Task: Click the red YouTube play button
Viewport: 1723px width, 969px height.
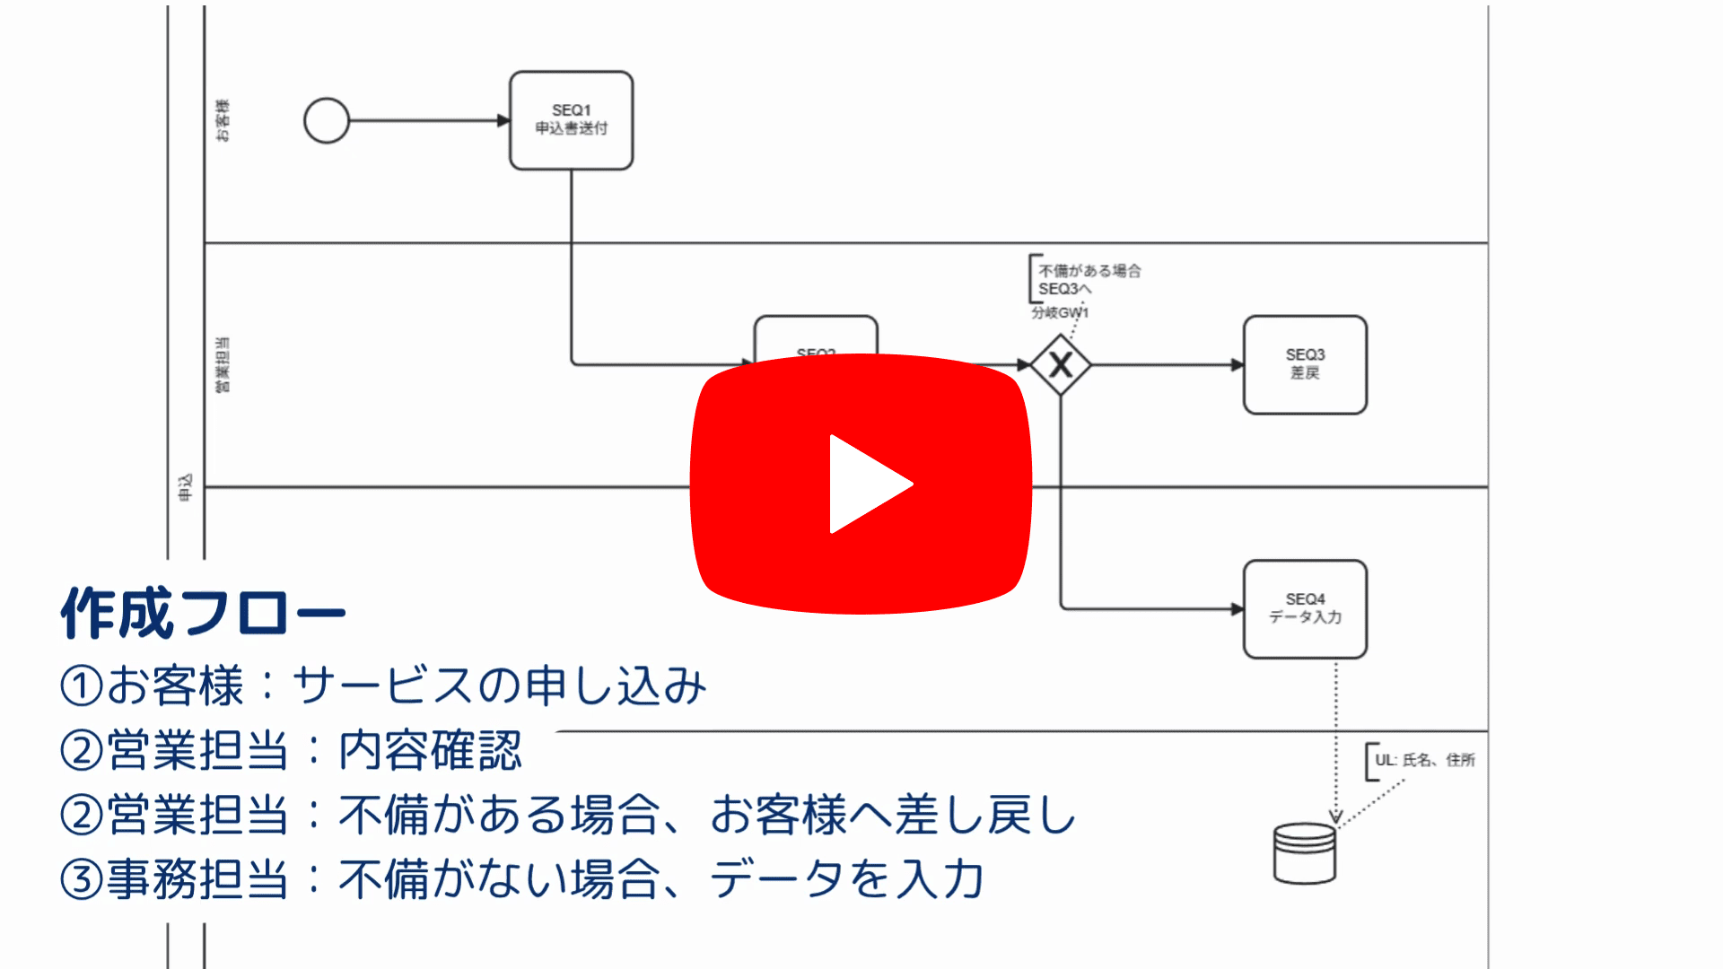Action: coord(861,484)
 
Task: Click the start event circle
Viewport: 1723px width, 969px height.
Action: coord(327,121)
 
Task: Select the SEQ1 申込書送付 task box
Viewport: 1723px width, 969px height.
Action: coord(571,120)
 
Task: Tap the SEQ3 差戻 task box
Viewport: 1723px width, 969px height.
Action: coord(1305,364)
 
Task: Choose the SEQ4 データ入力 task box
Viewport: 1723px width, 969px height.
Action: coord(1305,609)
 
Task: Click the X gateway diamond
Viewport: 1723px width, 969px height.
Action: coord(1061,365)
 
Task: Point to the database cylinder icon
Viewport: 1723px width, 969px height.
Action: coord(1305,853)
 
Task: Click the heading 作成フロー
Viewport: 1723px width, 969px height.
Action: coord(203,614)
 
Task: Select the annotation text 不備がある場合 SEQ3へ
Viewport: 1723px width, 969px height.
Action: coord(1088,279)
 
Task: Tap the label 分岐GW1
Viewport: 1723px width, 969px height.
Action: coord(1060,313)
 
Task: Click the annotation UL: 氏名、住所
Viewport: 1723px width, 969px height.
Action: coord(1424,760)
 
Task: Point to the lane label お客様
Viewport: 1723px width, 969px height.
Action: coord(222,120)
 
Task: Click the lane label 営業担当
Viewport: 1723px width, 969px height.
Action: coord(222,365)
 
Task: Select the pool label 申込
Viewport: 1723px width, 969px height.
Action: coord(185,487)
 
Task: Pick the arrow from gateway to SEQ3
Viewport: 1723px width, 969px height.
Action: coord(1167,365)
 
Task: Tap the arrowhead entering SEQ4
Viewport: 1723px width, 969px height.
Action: coord(1237,609)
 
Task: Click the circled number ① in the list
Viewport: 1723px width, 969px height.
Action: coord(82,686)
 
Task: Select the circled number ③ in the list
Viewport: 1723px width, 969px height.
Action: coord(82,879)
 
